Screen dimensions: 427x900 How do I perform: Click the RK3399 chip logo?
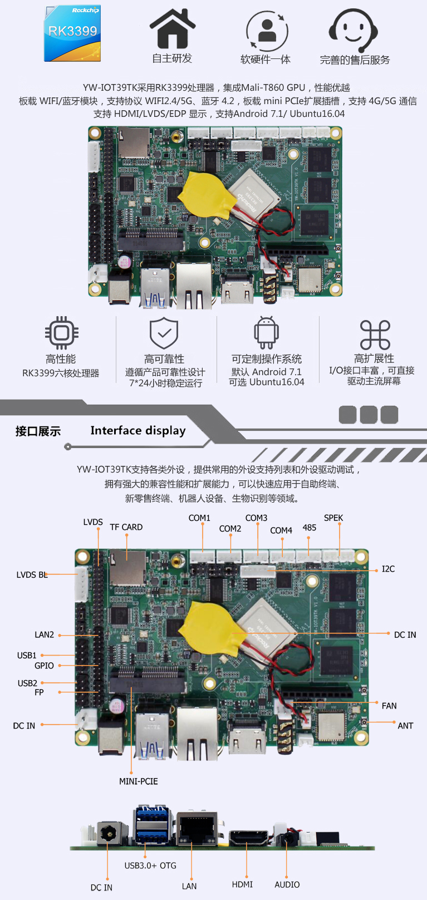[x=72, y=33]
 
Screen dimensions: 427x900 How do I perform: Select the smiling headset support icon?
[x=353, y=30]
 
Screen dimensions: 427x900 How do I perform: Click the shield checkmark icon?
[x=164, y=333]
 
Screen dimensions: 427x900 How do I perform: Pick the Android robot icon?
[x=266, y=333]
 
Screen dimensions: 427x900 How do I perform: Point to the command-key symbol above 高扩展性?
[x=375, y=335]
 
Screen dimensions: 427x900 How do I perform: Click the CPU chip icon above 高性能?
[x=61, y=333]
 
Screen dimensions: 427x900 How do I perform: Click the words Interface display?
[x=138, y=431]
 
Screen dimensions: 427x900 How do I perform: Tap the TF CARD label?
[x=126, y=527]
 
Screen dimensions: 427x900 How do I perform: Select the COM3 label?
[x=256, y=518]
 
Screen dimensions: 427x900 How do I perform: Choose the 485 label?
[x=310, y=528]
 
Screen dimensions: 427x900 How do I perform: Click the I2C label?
[x=388, y=569]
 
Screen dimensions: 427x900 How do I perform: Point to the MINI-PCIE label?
[x=139, y=781]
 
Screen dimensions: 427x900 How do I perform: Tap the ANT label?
[x=405, y=726]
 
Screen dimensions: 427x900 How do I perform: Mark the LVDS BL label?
[x=32, y=575]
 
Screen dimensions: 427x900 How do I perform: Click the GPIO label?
[x=44, y=666]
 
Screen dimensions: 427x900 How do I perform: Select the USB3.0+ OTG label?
[x=150, y=865]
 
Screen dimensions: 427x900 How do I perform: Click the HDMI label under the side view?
[x=242, y=884]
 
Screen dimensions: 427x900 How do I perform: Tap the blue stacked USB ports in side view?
[x=153, y=824]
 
